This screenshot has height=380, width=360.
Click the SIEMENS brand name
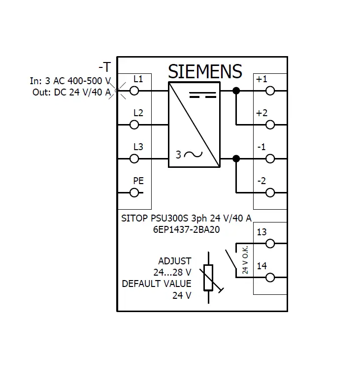205,71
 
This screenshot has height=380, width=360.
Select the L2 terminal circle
134,125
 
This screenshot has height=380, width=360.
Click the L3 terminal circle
134,158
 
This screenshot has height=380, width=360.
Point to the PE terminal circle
134,192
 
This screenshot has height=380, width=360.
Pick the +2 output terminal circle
270,125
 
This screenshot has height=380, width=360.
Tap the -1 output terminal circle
270,158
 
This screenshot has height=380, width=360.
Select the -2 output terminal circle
270,192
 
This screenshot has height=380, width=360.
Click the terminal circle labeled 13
270,244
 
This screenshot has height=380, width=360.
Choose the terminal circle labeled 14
270,278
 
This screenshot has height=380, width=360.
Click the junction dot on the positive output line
236,91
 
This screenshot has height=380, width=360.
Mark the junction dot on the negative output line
236,158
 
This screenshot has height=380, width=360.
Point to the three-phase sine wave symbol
193,155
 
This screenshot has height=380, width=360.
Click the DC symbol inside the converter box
203,95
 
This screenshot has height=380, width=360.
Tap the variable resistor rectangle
208,278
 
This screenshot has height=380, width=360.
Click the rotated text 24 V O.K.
245,260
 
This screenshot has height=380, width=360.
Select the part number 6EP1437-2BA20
186,229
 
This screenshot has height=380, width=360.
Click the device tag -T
105,67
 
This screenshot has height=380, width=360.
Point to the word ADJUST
175,261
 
